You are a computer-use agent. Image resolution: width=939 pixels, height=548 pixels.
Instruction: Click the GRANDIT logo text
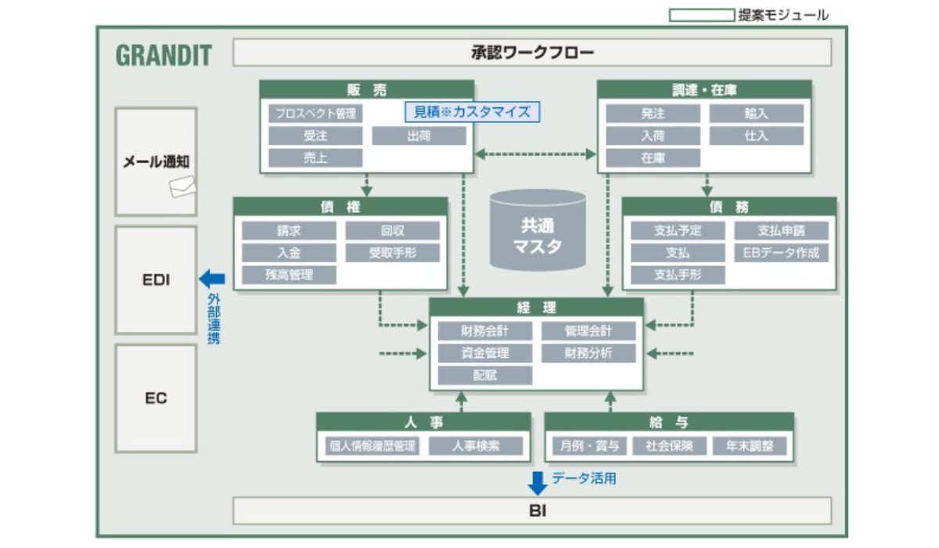tap(164, 56)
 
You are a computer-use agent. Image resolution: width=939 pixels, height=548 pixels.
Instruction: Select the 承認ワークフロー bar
tap(532, 53)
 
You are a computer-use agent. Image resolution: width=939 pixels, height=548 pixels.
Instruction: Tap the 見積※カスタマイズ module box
tap(472, 112)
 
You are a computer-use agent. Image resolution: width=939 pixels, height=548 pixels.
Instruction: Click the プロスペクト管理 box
tap(315, 114)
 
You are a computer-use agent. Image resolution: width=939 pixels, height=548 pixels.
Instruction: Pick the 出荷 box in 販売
tap(419, 135)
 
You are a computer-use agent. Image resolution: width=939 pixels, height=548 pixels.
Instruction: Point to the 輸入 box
tap(756, 114)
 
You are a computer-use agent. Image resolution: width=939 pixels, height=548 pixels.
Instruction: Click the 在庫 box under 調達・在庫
tap(653, 158)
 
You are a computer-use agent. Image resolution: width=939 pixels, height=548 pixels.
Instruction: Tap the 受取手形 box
tap(392, 253)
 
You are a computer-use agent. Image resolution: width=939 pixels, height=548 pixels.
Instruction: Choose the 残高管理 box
tap(289, 275)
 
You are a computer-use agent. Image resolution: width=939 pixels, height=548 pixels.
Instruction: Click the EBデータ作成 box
tap(781, 253)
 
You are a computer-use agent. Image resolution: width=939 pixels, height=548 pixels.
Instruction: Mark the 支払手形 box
tap(678, 275)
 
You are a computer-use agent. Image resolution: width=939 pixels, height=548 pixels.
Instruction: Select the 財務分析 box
tap(588, 353)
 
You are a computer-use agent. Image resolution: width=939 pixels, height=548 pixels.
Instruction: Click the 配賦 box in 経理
tap(485, 375)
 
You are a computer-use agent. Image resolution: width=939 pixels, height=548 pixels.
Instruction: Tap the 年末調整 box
tap(754, 446)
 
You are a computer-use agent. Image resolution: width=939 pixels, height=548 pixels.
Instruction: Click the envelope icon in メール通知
tap(182, 186)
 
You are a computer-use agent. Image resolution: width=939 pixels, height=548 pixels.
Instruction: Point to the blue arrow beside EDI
tap(211, 278)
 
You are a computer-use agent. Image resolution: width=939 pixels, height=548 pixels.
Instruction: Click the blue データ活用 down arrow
tap(538, 482)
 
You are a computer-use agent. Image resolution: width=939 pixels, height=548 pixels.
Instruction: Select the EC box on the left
tap(156, 398)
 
